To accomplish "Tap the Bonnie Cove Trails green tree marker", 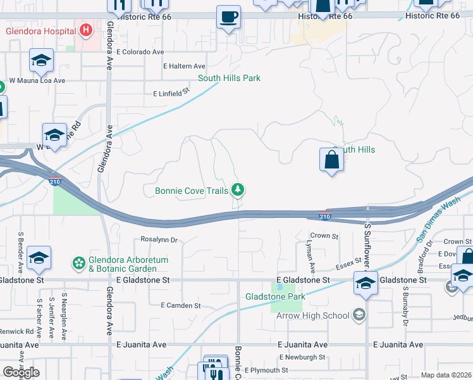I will (238, 189).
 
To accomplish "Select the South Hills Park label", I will (229, 79).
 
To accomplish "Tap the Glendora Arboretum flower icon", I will (79, 263).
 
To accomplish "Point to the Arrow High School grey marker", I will (359, 315).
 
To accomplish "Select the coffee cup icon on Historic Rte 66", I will (228, 16).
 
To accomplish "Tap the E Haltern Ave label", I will (184, 66).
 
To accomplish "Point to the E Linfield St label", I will (172, 93).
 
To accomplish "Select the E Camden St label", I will (180, 305).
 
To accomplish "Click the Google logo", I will (21, 372).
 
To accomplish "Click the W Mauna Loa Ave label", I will (37, 81).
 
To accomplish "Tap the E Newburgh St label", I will (296, 357).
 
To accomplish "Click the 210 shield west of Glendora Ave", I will (54, 182).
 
